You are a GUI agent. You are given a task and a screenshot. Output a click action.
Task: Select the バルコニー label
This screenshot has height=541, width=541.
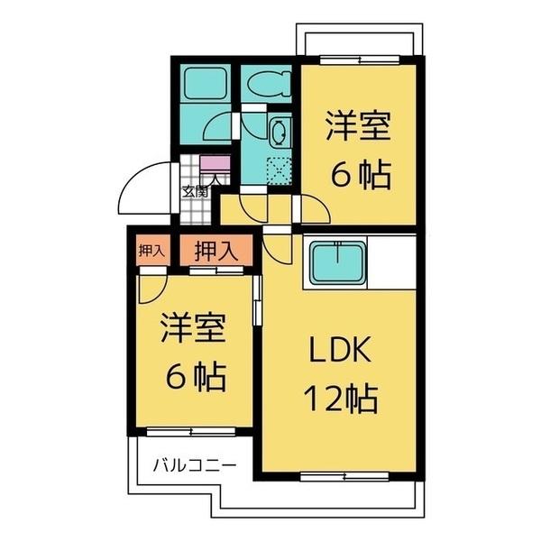(x=193, y=466)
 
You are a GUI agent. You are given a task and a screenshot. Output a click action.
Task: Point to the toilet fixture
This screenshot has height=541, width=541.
(x=266, y=84)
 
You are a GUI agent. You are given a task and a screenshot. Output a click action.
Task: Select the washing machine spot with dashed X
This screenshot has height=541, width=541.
(x=280, y=170)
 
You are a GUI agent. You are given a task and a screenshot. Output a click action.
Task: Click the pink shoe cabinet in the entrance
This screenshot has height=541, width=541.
(x=216, y=166)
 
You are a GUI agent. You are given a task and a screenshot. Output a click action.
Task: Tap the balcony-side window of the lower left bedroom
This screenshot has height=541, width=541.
(x=191, y=432)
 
